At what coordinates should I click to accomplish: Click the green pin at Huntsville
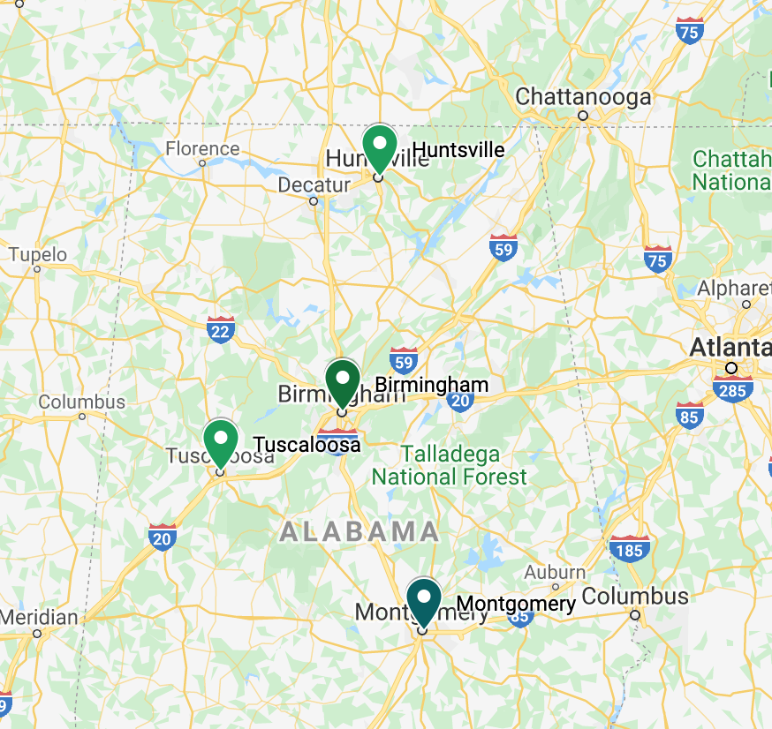(380, 146)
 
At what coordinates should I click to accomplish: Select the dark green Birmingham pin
(343, 380)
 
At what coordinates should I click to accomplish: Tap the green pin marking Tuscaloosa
(221, 439)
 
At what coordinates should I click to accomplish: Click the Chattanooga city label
(583, 96)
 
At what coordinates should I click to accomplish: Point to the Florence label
(202, 148)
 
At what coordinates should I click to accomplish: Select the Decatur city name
(314, 184)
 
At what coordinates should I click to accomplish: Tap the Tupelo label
(37, 255)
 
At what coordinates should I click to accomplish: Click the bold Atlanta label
(730, 347)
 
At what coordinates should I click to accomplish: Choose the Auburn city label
(555, 572)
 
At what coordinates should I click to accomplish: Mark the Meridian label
(39, 617)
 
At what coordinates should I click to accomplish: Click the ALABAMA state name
(360, 531)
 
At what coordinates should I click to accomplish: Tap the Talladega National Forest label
(449, 466)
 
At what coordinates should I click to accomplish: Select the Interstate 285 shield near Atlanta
(732, 387)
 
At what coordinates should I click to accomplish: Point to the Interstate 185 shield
(629, 548)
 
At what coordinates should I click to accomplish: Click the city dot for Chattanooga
(583, 116)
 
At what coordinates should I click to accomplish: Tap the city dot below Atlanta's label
(730, 368)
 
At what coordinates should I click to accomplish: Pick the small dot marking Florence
(202, 163)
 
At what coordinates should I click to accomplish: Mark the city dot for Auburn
(556, 587)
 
